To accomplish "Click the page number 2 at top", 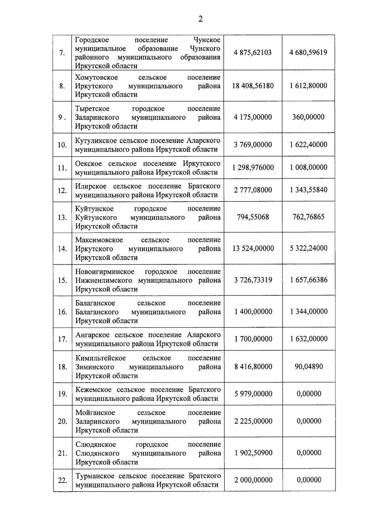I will (200, 19).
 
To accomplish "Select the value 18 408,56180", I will (253, 86).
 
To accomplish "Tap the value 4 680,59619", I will (308, 52).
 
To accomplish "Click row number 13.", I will (62, 217).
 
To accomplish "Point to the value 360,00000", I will (308, 117).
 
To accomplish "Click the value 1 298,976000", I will (253, 167).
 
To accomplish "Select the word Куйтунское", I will (94, 209).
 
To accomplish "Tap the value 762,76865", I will (308, 217).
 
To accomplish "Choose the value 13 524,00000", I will (253, 248).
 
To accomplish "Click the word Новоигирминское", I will (105, 272).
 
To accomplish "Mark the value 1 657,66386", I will (309, 280).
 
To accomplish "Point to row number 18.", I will (62, 367).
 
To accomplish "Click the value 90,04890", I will (309, 366).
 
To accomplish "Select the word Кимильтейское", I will (101, 358).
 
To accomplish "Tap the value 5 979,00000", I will (253, 394).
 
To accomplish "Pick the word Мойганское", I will (95, 413).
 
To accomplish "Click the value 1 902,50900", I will (253, 453).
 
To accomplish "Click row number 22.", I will (62, 480).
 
